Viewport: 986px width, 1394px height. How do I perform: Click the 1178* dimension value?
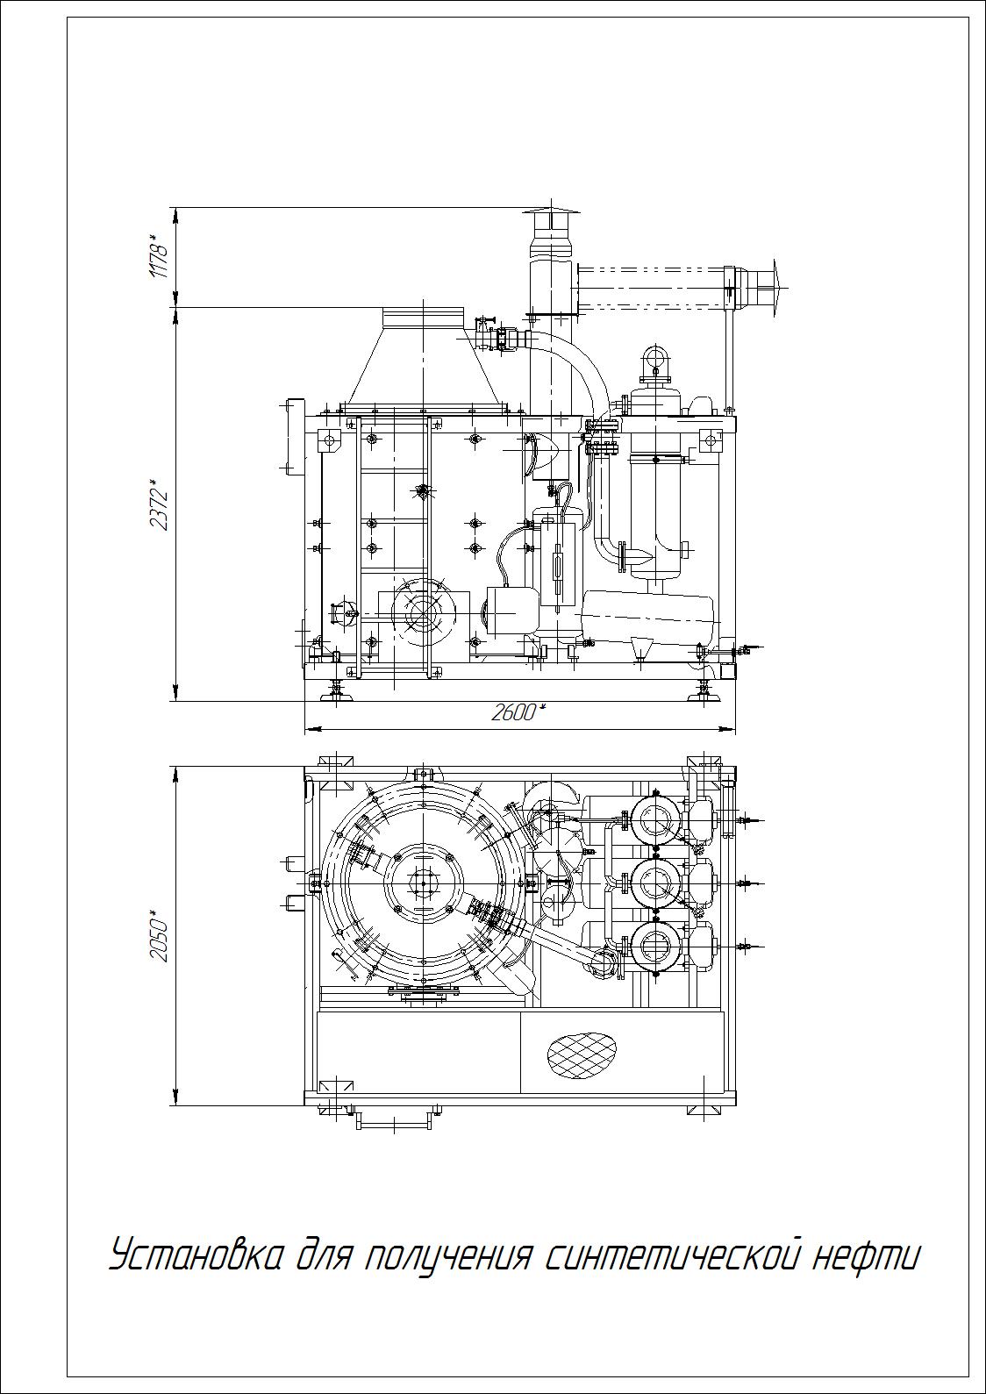tap(158, 256)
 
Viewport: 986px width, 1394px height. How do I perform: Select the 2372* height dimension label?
tap(158, 504)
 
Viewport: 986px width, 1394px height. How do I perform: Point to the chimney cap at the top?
tap(550, 221)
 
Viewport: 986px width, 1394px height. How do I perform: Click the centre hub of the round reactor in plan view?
tap(424, 883)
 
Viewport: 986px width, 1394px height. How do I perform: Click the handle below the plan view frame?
tap(394, 1121)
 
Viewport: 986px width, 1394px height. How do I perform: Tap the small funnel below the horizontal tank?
tap(639, 648)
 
